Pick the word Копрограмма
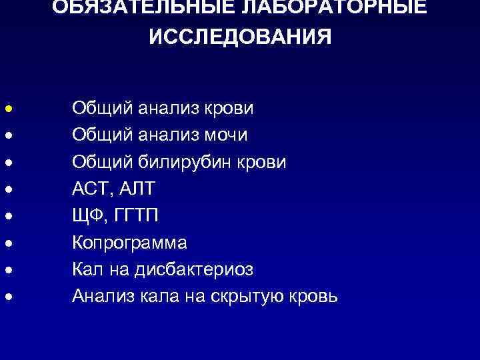pos(130,242)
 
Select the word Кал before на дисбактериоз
pos(87,269)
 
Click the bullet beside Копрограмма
pos(6,243)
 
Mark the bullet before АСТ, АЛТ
pos(6,189)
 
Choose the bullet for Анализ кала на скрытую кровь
pos(6,296)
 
